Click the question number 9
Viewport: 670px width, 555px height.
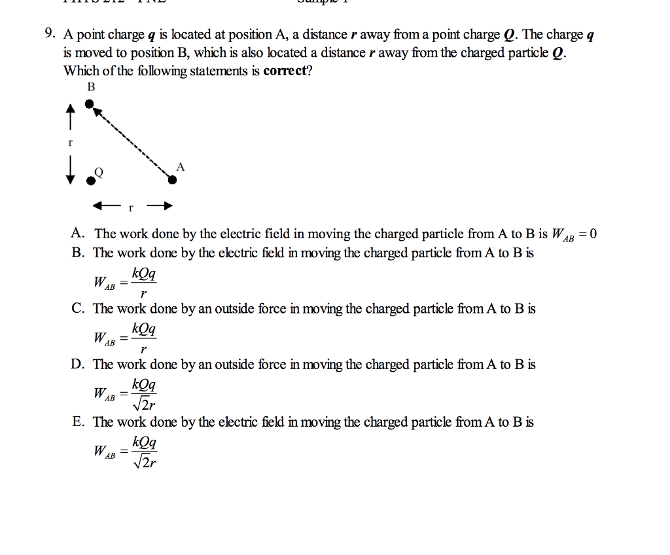(x=50, y=35)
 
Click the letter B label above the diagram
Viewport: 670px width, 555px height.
(x=91, y=87)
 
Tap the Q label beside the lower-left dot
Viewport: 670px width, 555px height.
(x=99, y=171)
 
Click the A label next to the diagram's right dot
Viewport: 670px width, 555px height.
(x=181, y=167)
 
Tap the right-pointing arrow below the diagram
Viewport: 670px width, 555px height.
(x=159, y=207)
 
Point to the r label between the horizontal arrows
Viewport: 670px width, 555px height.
(x=131, y=208)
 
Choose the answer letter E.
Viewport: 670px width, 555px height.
(x=78, y=422)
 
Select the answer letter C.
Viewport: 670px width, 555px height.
(x=78, y=308)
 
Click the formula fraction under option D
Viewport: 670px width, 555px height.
(x=144, y=393)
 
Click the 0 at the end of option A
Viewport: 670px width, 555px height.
(x=593, y=234)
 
